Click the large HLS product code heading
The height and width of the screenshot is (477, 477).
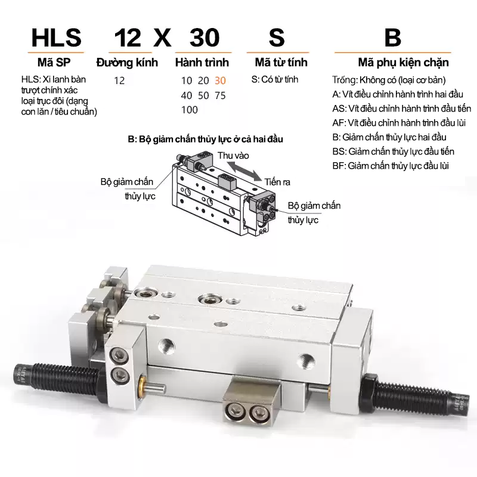click(x=57, y=38)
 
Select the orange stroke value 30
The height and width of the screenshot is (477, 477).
click(x=220, y=80)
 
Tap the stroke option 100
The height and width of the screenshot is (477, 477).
click(x=189, y=110)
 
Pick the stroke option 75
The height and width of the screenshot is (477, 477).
click(x=220, y=95)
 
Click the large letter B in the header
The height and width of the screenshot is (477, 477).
click(x=393, y=38)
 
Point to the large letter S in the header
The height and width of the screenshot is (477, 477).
click(x=277, y=38)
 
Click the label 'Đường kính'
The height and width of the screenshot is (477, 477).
click(x=127, y=63)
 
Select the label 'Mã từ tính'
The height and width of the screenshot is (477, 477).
click(x=281, y=62)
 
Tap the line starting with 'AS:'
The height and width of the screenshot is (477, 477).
click(x=401, y=109)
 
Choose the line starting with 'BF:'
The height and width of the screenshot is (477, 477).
click(x=391, y=166)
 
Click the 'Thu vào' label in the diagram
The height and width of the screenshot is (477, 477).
click(x=233, y=156)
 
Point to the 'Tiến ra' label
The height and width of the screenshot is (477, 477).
click(x=277, y=182)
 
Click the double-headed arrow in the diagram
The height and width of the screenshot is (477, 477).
click(x=245, y=171)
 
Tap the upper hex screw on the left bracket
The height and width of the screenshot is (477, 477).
click(x=117, y=355)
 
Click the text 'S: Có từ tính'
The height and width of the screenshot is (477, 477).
click(x=275, y=79)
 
